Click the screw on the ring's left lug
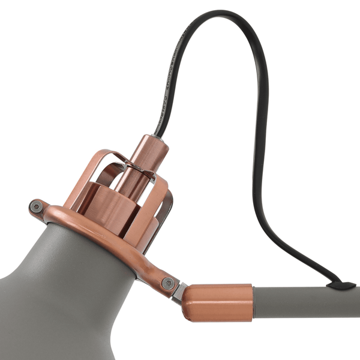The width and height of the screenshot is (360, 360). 38,206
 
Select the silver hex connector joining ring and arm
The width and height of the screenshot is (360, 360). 178,293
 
